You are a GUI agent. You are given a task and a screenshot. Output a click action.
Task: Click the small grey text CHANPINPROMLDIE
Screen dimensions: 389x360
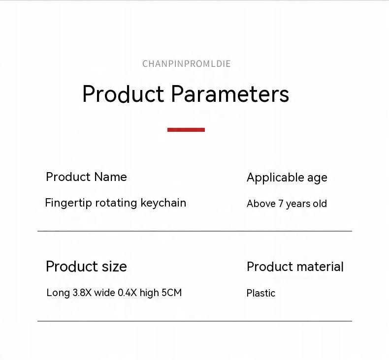(186, 64)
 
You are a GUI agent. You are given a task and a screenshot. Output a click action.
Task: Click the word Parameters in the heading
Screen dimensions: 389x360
(230, 94)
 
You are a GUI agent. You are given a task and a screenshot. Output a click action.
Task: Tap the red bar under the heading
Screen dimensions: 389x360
(186, 130)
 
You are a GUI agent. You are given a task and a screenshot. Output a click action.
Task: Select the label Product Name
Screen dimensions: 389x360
(86, 177)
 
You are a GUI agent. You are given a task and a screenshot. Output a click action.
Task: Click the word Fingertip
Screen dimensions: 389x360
(68, 203)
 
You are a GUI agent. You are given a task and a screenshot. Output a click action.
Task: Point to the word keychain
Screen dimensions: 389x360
(163, 203)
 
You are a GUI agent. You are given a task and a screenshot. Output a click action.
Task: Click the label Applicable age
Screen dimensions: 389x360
(287, 178)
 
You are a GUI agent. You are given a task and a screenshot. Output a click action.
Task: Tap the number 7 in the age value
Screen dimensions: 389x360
(281, 204)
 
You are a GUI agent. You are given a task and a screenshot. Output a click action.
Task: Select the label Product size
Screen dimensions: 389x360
(86, 267)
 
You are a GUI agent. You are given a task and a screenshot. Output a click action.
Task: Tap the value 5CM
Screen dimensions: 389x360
(172, 293)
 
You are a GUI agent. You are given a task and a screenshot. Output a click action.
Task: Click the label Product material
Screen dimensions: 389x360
(295, 267)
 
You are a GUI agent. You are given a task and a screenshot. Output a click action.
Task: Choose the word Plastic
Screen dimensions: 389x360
(261, 293)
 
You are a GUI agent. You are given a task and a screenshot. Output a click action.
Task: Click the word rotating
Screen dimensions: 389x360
(116, 203)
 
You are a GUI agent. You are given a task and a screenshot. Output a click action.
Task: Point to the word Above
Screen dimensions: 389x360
(261, 204)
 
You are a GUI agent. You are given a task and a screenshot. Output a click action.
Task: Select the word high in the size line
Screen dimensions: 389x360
(149, 293)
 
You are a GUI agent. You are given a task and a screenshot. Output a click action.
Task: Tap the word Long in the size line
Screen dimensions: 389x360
(58, 293)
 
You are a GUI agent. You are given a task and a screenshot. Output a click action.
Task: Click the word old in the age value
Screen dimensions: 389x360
(320, 204)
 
